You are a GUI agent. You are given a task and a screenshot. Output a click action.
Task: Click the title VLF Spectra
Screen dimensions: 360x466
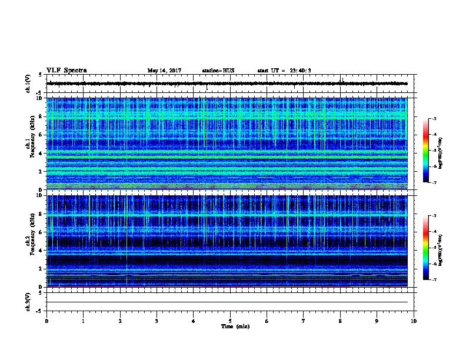[x=66, y=70]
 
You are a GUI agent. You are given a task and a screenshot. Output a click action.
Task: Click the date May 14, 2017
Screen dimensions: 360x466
[x=164, y=71]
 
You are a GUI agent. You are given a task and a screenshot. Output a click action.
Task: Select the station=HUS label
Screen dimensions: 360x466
[x=218, y=71]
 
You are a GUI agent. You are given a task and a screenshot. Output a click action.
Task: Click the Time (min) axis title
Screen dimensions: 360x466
[x=230, y=326]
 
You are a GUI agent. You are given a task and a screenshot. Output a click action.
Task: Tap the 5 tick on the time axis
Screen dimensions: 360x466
[x=230, y=321]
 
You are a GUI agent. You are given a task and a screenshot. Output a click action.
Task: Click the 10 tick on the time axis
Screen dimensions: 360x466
[x=414, y=321]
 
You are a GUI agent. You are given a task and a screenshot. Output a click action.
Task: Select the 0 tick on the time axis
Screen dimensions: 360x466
[x=46, y=321]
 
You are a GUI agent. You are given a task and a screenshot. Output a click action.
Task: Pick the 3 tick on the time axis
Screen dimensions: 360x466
[x=157, y=321]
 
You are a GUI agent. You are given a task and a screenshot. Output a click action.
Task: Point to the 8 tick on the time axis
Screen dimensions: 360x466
[x=340, y=321]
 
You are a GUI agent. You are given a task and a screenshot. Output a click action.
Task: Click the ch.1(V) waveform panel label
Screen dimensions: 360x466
[x=28, y=84]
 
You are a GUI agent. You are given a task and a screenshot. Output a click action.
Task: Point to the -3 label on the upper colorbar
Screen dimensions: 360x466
[x=435, y=119]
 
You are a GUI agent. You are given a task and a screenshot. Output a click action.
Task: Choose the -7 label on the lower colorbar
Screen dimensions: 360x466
[x=435, y=280]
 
